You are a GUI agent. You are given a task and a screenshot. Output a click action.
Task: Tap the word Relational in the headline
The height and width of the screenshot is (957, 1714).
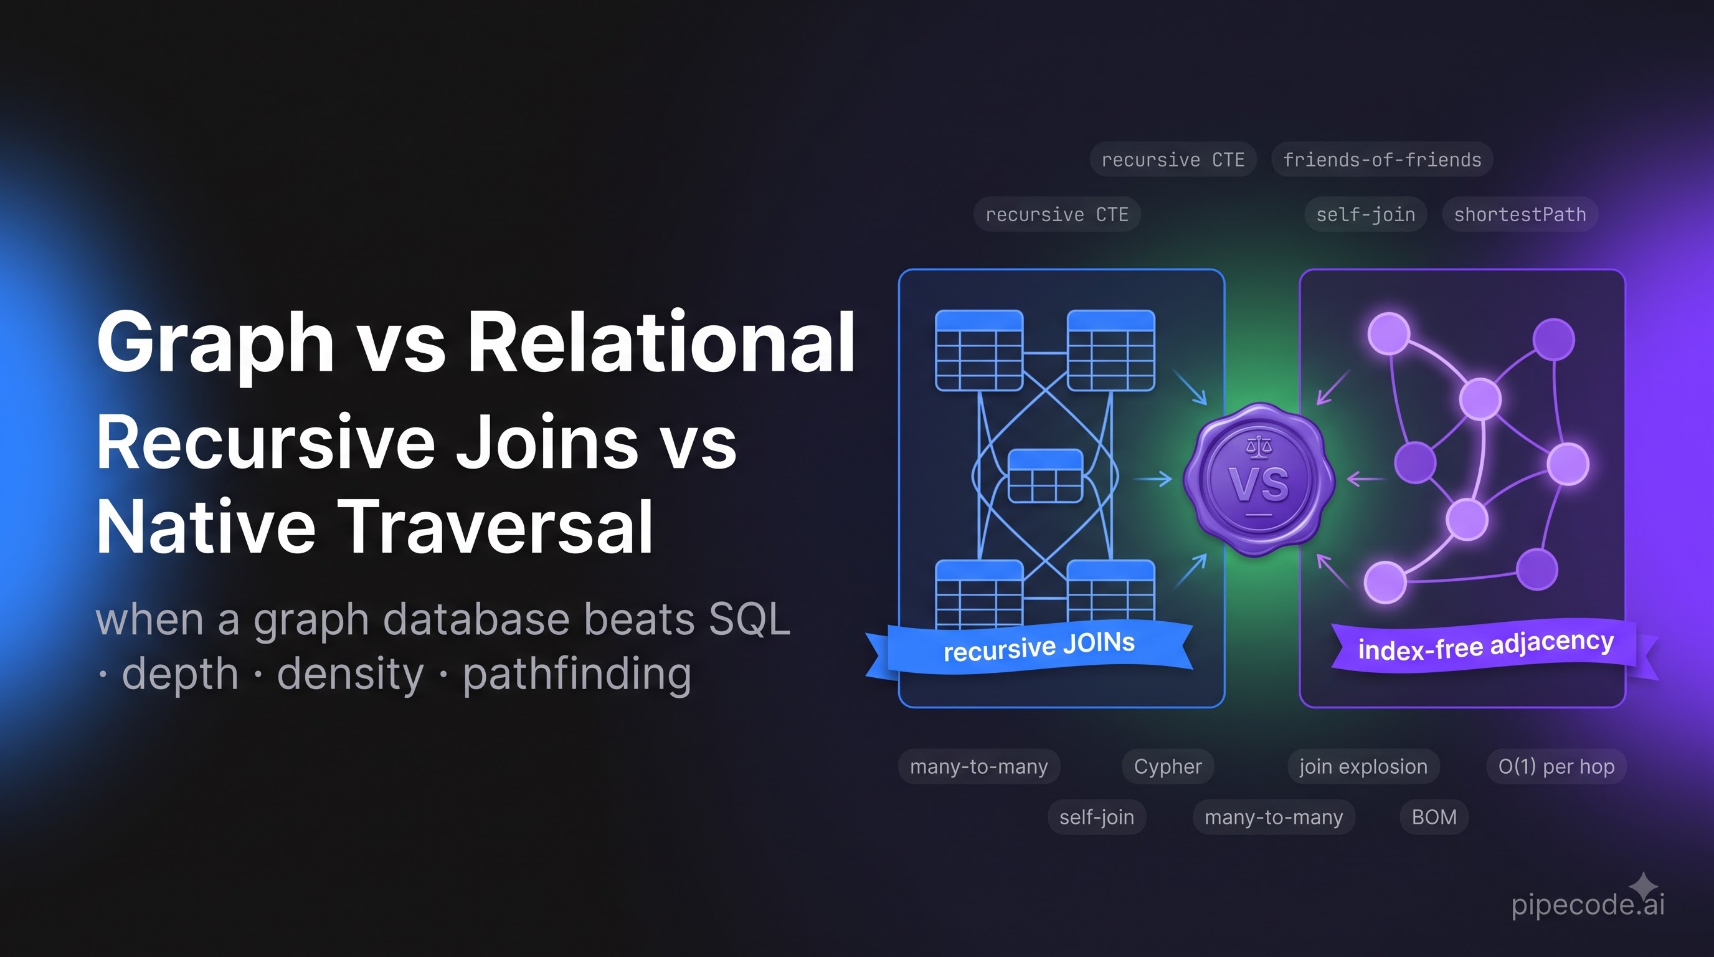click(661, 341)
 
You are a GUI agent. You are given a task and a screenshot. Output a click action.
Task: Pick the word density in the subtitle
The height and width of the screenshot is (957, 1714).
click(350, 674)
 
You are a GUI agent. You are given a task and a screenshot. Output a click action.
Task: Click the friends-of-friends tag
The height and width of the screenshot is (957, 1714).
click(1382, 159)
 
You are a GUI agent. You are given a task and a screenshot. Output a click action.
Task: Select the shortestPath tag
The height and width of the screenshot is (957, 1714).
click(1520, 214)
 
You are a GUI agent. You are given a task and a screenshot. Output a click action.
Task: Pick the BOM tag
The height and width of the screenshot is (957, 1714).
click(1434, 817)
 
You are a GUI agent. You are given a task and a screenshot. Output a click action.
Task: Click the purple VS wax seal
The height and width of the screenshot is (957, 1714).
click(1259, 479)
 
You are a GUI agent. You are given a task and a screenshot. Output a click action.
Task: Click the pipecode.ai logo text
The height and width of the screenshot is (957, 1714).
click(1588, 905)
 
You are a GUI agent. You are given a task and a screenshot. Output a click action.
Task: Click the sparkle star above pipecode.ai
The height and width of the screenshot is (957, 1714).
click(1644, 887)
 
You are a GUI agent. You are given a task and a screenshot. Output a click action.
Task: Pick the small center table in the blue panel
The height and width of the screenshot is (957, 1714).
click(1045, 476)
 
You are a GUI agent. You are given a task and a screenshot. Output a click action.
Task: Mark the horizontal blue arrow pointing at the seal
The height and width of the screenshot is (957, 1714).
click(1152, 478)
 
